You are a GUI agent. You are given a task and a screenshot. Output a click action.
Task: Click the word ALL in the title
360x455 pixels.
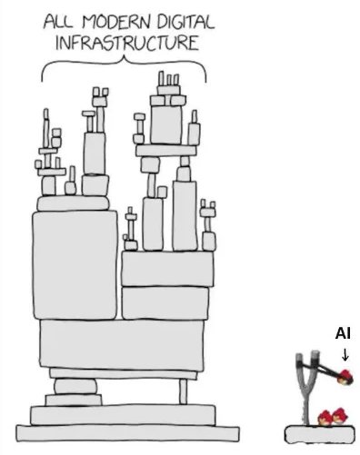point(58,23)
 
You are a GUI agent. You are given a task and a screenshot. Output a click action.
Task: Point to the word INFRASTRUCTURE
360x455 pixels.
point(127,44)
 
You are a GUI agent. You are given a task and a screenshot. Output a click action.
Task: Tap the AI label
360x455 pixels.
point(343,333)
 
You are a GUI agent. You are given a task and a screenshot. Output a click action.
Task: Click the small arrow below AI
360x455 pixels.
point(345,354)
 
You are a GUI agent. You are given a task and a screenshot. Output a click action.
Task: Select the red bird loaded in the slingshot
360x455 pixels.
point(345,377)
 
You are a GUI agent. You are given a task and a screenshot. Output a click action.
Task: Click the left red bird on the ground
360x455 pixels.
point(325,418)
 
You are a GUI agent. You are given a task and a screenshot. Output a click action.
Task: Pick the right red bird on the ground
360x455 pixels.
point(339,416)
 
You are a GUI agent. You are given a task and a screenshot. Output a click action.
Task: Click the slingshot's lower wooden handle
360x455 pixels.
point(306,407)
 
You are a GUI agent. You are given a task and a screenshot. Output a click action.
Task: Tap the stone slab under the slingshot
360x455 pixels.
point(320,434)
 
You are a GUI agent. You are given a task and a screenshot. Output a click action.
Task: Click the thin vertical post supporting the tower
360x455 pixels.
point(183,391)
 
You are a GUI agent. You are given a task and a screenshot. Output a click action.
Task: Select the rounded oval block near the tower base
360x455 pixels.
point(75,386)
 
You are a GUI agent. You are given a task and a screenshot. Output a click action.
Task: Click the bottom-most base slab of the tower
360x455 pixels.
point(127,433)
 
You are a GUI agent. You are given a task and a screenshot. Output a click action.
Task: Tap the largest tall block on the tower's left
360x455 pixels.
point(75,265)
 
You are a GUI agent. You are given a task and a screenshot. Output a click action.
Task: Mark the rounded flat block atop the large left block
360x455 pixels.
point(73,203)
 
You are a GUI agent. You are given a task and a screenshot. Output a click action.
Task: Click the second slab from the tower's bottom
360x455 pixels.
point(123,415)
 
